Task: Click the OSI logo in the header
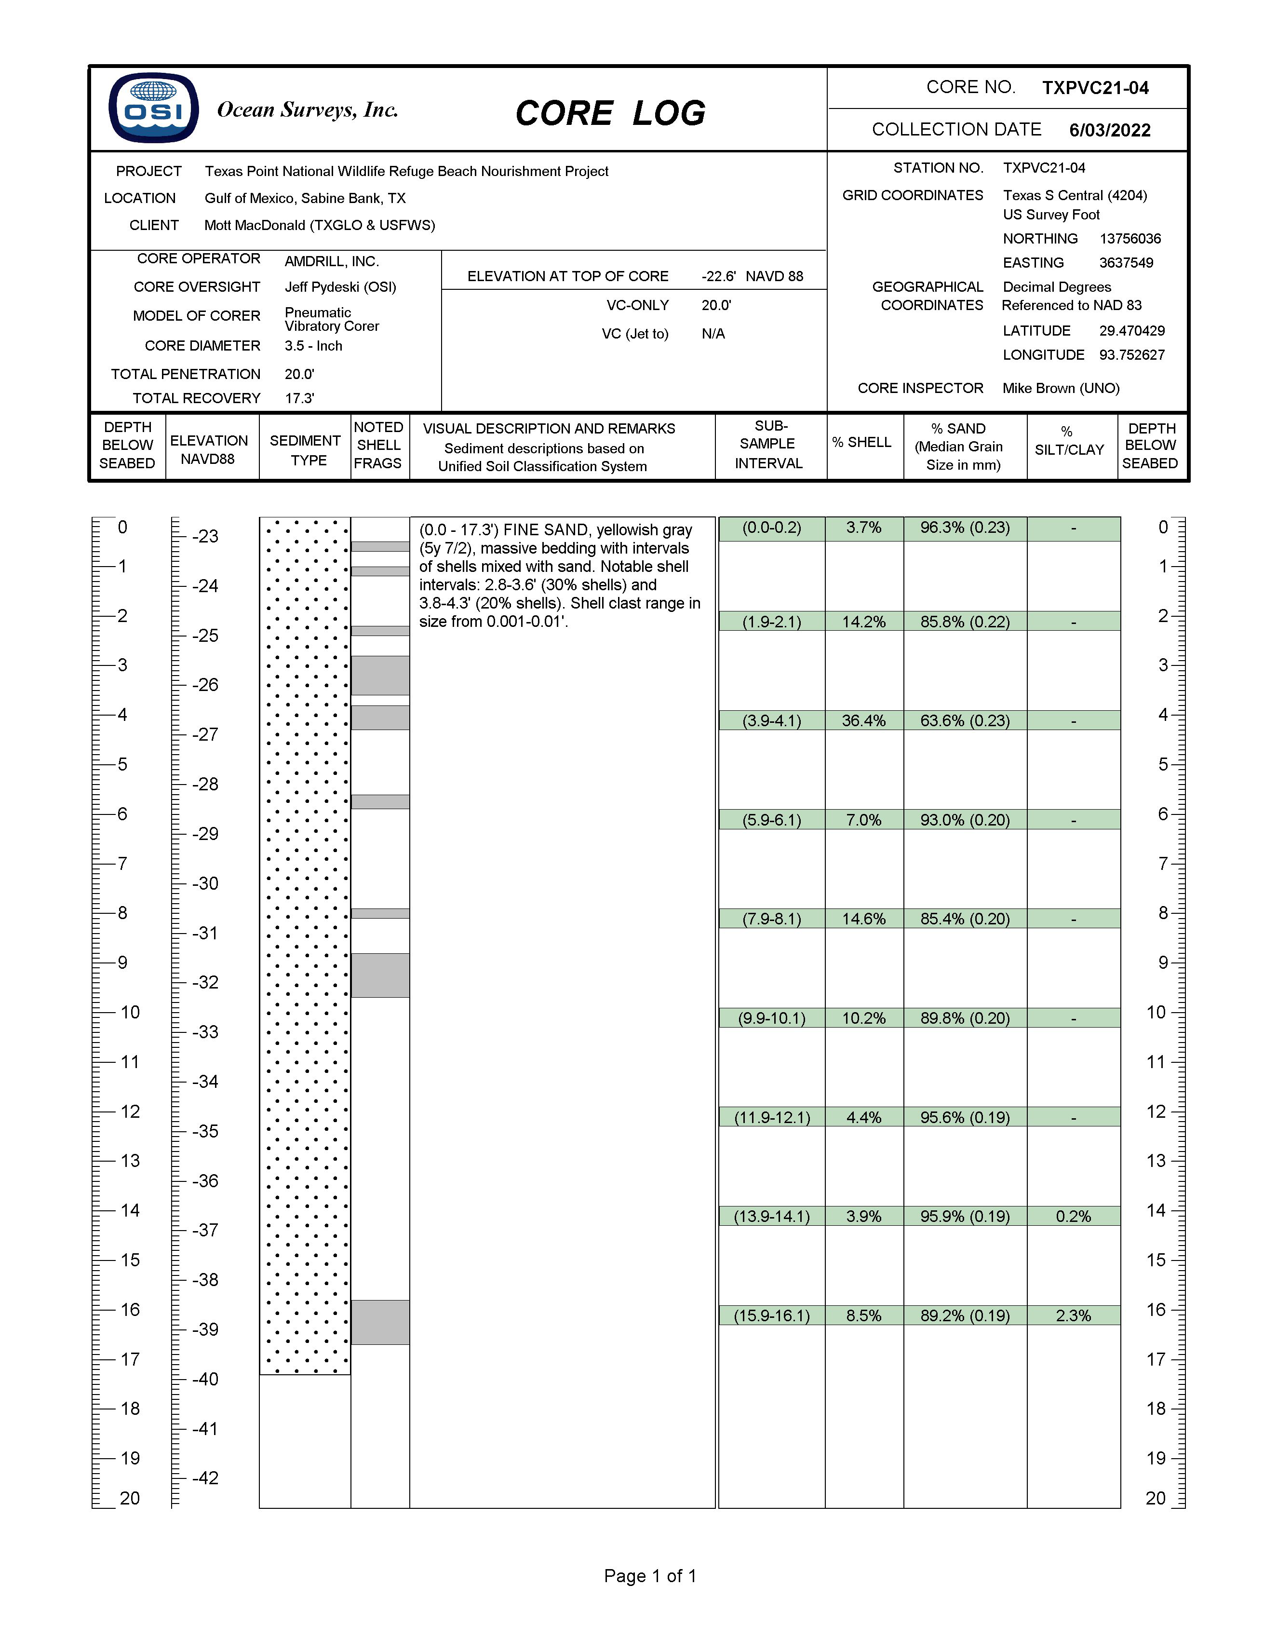pyautogui.click(x=153, y=108)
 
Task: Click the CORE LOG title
pyautogui.click(x=610, y=114)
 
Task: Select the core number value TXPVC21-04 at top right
pyautogui.click(x=1095, y=88)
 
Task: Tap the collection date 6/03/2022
pyautogui.click(x=1109, y=130)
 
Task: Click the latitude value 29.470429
pyautogui.click(x=1131, y=331)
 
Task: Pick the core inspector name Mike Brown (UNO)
pyautogui.click(x=1061, y=388)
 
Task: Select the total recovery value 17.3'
pyautogui.click(x=299, y=398)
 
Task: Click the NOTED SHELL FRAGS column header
pyautogui.click(x=378, y=445)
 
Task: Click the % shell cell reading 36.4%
pyautogui.click(x=863, y=721)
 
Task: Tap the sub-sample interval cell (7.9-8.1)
pyautogui.click(x=771, y=919)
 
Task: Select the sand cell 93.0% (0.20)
pyautogui.click(x=965, y=820)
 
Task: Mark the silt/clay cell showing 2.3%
pyautogui.click(x=1073, y=1315)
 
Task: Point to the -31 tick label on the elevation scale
pyautogui.click(x=205, y=933)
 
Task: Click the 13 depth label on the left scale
pyautogui.click(x=130, y=1161)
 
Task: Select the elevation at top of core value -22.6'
pyautogui.click(x=718, y=276)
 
